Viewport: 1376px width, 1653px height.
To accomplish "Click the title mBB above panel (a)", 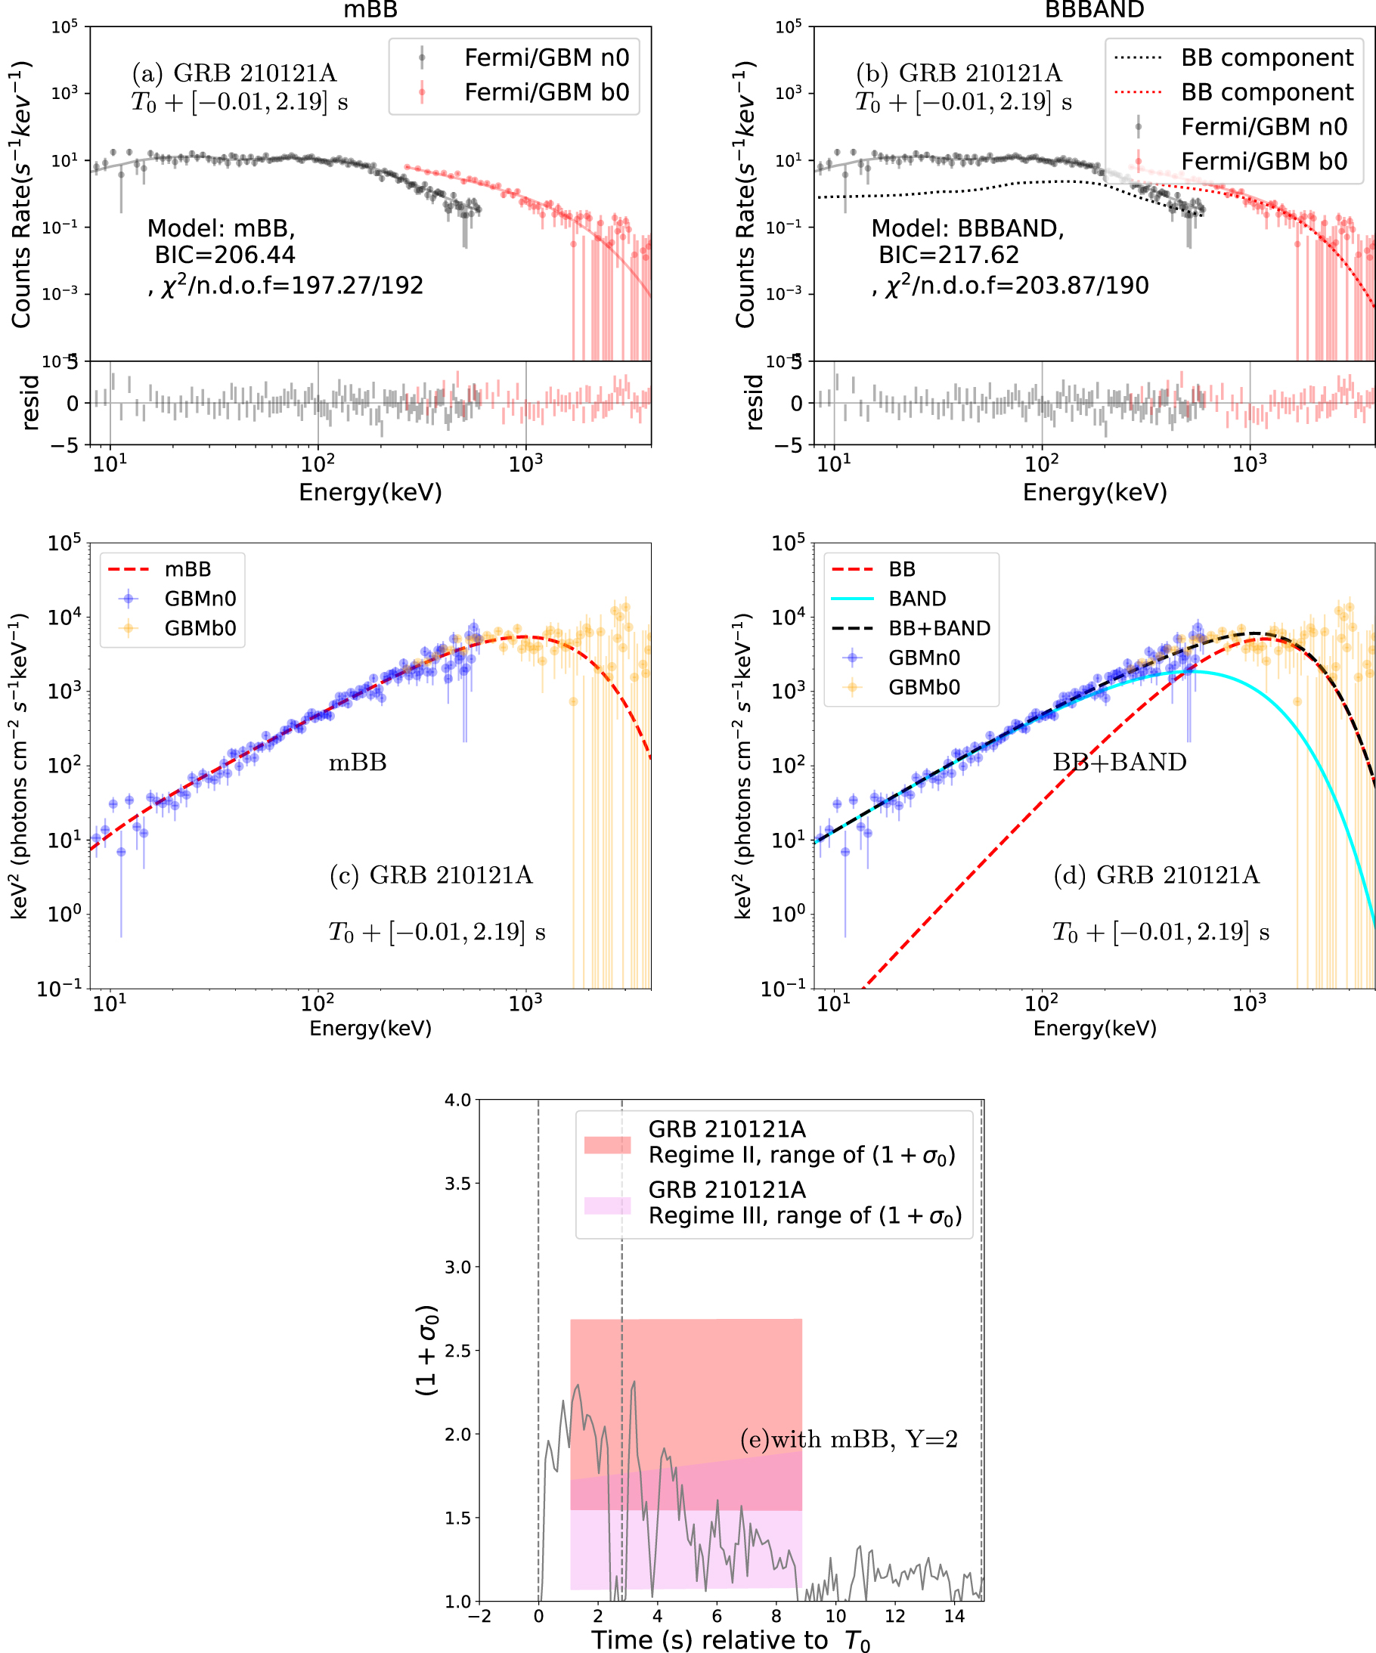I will click(x=370, y=9).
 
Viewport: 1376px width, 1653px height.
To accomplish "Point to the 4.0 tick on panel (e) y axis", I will click(x=458, y=1100).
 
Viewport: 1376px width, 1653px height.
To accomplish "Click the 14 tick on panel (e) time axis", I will click(x=953, y=1616).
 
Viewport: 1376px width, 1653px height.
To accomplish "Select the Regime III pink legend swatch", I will click(x=607, y=1205).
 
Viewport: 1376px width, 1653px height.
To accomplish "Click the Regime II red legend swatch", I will click(x=607, y=1144).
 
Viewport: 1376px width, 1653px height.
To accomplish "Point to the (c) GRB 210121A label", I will click(x=431, y=874).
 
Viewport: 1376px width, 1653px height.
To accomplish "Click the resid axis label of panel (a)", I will click(x=30, y=402).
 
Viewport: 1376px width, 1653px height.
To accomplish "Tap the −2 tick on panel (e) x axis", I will click(x=479, y=1616).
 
